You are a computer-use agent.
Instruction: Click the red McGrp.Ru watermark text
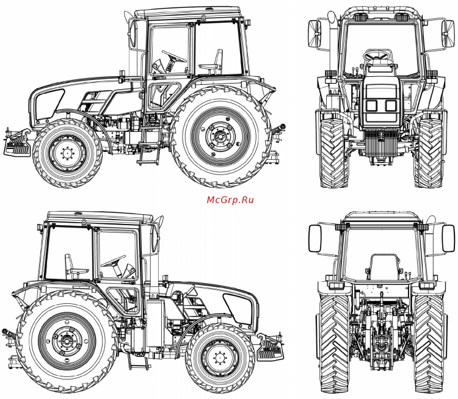point(230,199)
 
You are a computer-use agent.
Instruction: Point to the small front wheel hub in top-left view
point(67,154)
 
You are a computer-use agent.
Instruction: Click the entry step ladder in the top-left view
point(146,153)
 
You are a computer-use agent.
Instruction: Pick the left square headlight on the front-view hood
point(371,105)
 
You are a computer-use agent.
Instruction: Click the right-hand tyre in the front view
point(428,153)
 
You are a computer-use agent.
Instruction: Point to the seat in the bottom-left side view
point(74,268)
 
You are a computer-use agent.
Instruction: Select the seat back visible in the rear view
point(383,267)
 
